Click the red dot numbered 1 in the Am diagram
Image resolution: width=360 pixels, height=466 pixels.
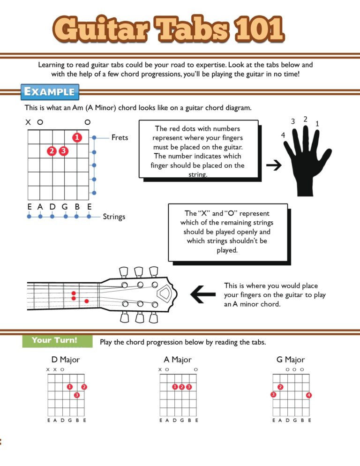coord(77,137)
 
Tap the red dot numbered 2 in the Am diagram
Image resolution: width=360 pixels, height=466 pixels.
coord(52,151)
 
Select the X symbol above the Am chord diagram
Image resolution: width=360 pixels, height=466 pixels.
coord(28,122)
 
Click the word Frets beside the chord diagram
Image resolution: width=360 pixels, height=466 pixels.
coord(120,137)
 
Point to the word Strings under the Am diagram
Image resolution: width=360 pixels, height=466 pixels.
coord(114,217)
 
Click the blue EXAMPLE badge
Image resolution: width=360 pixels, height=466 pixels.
coord(50,91)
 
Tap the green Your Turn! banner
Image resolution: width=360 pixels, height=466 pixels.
coord(54,340)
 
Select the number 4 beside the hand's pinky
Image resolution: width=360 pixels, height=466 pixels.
coord(282,135)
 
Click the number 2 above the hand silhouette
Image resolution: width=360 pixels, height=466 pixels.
coord(305,119)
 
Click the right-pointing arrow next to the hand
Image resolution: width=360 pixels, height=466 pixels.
coord(273,165)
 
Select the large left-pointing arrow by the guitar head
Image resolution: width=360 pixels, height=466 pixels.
coord(203,294)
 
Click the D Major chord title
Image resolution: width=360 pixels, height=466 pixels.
coord(66,360)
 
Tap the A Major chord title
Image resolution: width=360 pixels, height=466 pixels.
coord(178,360)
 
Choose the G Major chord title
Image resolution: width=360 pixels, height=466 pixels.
coord(291,360)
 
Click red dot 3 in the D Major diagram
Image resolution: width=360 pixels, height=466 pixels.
coord(76,395)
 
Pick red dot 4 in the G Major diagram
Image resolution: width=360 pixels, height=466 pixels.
coord(308,395)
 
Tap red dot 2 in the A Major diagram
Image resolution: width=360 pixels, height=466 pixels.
coord(182,387)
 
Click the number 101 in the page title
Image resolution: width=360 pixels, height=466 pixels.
coord(258,29)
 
